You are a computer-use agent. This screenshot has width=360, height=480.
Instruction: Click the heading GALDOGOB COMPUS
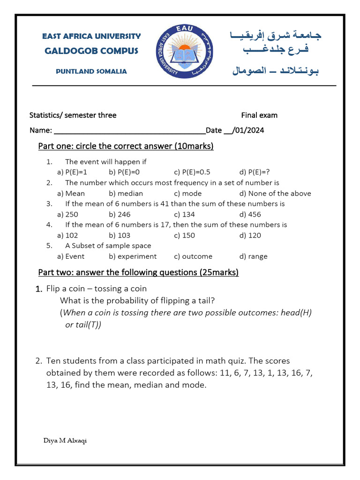point(91,51)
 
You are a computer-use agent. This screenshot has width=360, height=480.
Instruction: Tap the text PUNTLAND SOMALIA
point(91,71)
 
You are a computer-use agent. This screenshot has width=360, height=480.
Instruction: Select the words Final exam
point(259,115)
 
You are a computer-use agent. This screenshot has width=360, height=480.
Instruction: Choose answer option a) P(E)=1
point(72,172)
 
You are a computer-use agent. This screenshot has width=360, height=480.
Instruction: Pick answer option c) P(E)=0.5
point(192,172)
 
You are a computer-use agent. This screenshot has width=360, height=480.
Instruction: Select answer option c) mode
point(187,193)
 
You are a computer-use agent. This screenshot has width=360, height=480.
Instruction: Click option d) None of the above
point(275,193)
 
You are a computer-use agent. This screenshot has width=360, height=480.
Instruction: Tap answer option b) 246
point(120,214)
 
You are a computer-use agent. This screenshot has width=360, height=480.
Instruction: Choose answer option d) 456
point(250,214)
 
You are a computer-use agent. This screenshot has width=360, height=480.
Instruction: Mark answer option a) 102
point(67,235)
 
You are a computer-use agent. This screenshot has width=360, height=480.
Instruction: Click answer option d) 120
point(250,235)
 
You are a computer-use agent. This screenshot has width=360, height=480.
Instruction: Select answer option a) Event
point(71,256)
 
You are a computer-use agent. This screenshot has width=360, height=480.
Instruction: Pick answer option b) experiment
point(133,256)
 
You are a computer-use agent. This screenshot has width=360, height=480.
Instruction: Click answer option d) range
point(253,256)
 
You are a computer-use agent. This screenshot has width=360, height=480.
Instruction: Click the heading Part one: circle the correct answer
point(126,146)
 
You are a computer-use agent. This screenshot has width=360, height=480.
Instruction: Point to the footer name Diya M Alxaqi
point(65,440)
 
